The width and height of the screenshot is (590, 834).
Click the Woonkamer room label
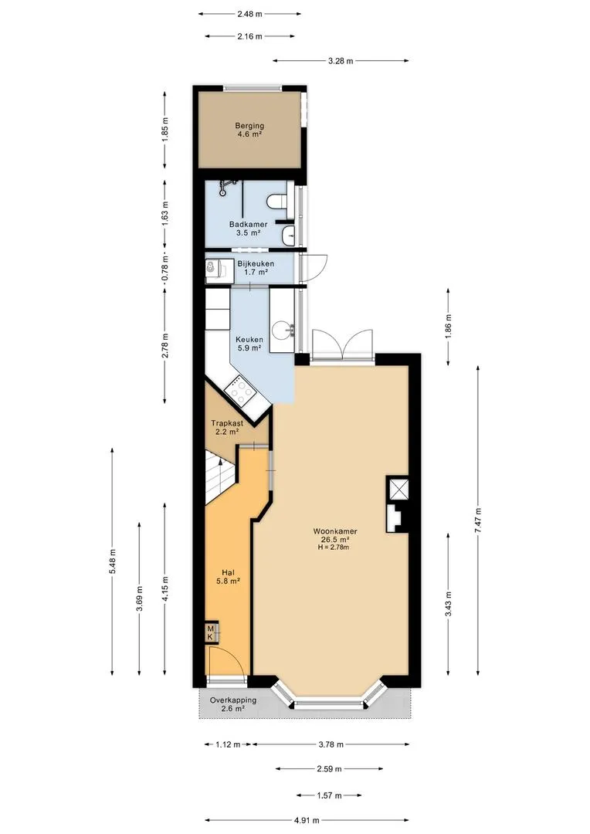pyautogui.click(x=334, y=531)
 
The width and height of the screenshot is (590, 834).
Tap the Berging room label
pyautogui.click(x=249, y=126)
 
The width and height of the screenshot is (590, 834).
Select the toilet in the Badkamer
pyautogui.click(x=276, y=202)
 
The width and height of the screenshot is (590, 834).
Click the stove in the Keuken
pyautogui.click(x=241, y=390)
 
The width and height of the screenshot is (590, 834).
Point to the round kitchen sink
pyautogui.click(x=282, y=331)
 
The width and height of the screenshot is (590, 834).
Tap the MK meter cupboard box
pyautogui.click(x=212, y=632)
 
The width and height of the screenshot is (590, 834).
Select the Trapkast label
pyautogui.click(x=227, y=423)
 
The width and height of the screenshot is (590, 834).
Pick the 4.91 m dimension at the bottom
pyautogui.click(x=307, y=819)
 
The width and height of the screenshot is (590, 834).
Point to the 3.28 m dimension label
pyautogui.click(x=341, y=61)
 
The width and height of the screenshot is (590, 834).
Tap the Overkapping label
pyautogui.click(x=233, y=700)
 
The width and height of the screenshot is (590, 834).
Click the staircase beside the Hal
pyautogui.click(x=218, y=474)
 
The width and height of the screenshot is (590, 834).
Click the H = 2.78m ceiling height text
pyautogui.click(x=334, y=547)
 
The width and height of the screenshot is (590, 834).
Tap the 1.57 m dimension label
pyautogui.click(x=329, y=795)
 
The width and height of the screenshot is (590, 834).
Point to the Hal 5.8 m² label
pyautogui.click(x=228, y=577)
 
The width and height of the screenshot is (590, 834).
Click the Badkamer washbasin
pyautogui.click(x=288, y=235)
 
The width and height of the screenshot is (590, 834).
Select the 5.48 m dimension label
pyautogui.click(x=112, y=561)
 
